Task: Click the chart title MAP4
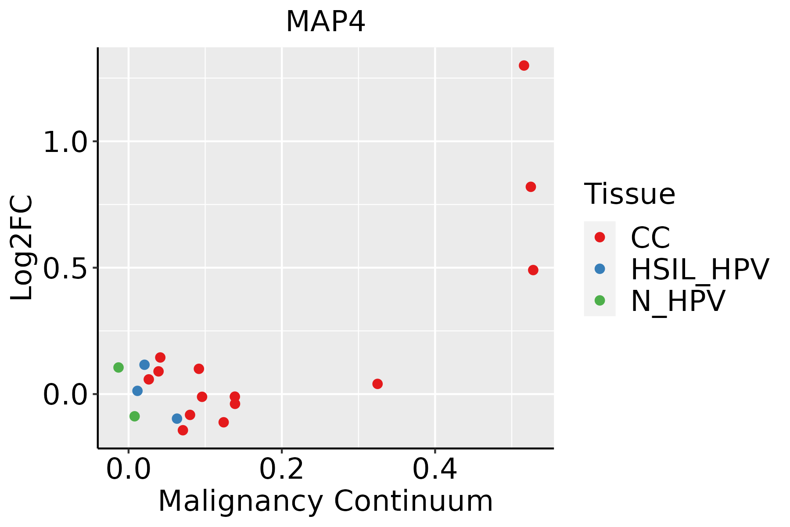click(x=325, y=22)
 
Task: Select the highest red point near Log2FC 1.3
click(x=524, y=66)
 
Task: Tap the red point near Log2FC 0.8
click(x=531, y=187)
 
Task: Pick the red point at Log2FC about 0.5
click(x=533, y=270)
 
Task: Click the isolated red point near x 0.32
click(x=377, y=384)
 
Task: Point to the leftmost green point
click(x=118, y=367)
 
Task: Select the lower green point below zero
click(x=135, y=416)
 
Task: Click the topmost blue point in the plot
click(x=144, y=365)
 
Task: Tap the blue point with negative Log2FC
click(x=177, y=419)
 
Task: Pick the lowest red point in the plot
click(x=183, y=430)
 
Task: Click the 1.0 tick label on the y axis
click(x=65, y=143)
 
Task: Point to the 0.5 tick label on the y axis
click(x=65, y=269)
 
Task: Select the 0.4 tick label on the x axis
click(x=434, y=470)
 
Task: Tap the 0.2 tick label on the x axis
click(x=281, y=470)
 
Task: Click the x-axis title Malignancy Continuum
click(x=325, y=501)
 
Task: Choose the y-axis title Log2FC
click(x=22, y=248)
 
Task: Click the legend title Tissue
click(x=629, y=194)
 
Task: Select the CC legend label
click(x=650, y=238)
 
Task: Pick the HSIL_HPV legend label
click(x=700, y=269)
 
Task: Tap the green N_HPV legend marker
click(x=600, y=300)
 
